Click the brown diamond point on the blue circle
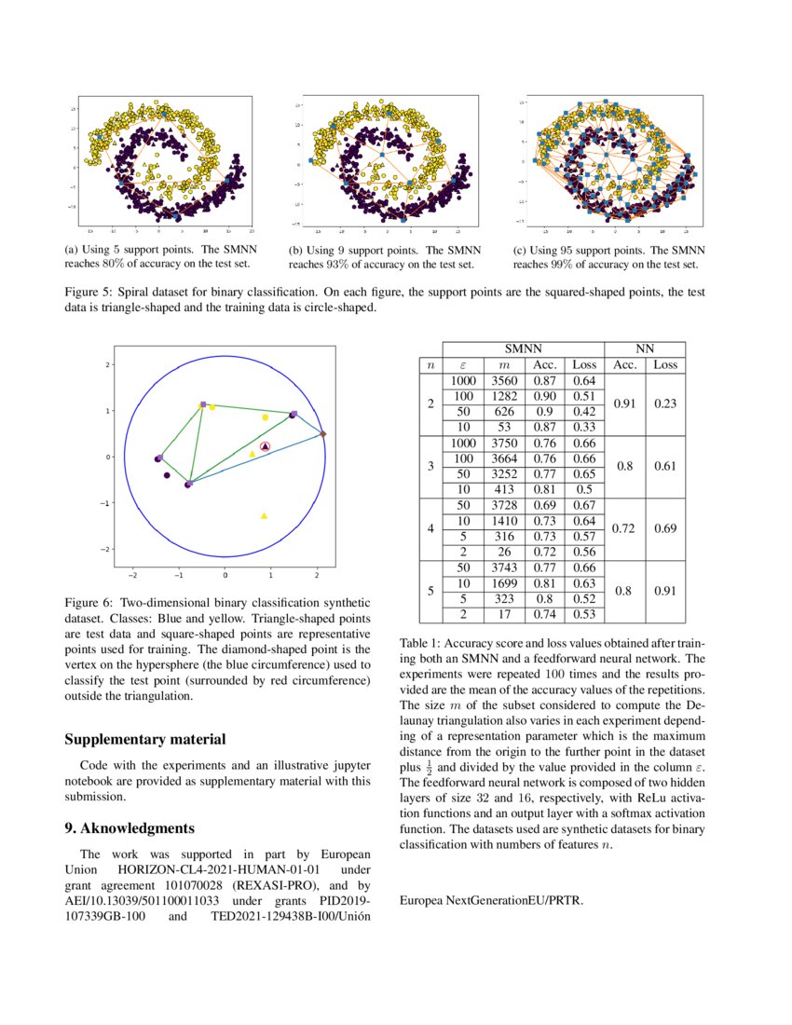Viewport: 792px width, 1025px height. [322, 434]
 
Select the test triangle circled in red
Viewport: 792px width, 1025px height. [265, 448]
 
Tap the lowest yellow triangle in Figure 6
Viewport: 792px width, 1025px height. [265, 515]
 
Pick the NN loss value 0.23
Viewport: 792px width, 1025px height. [665, 403]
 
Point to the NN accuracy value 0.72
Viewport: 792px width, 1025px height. [625, 528]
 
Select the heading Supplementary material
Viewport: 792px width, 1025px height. [144, 739]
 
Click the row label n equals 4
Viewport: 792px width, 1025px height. [430, 528]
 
